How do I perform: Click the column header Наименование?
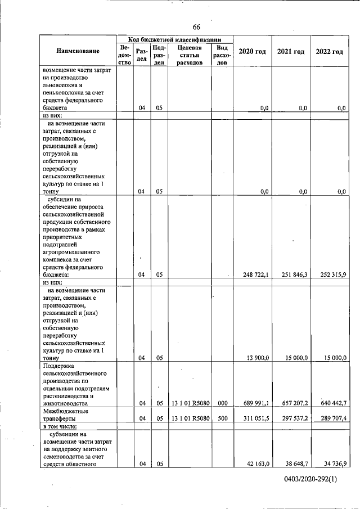[x=78, y=52]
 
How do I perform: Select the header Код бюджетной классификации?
[x=173, y=39]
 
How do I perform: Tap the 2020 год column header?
[x=252, y=52]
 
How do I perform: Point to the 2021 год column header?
[x=291, y=52]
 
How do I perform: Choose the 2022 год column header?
[x=329, y=52]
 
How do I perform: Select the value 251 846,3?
[x=295, y=274]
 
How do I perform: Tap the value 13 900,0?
[x=258, y=358]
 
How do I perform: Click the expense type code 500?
[x=222, y=418]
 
